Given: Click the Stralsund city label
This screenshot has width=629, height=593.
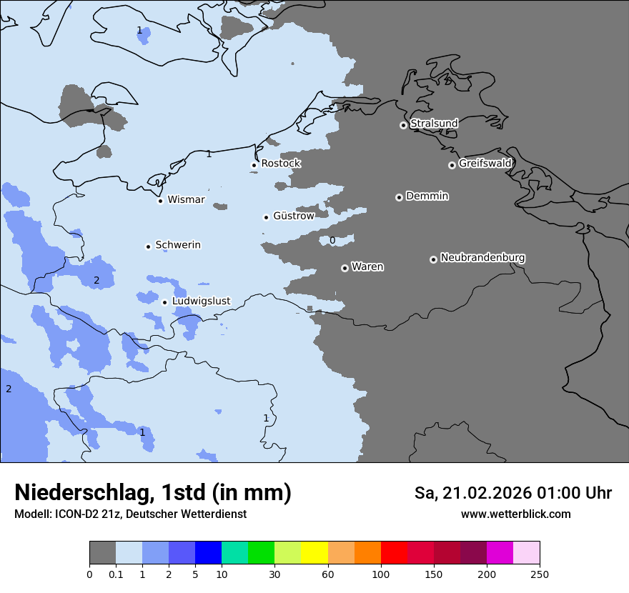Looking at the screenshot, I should (x=434, y=124).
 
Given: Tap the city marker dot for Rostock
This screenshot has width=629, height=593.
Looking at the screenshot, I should (x=254, y=165).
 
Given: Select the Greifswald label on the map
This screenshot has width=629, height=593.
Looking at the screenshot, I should (x=485, y=164).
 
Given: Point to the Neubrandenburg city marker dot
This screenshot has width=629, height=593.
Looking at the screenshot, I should (x=433, y=259).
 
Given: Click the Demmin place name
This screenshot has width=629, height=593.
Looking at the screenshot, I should (x=427, y=196).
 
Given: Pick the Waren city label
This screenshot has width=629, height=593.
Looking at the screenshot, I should (x=367, y=267).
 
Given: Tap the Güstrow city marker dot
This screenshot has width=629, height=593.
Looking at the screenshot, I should (x=266, y=217).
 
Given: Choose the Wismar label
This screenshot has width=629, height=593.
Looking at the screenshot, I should (x=186, y=200).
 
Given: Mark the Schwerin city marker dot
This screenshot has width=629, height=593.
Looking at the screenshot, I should (x=148, y=246).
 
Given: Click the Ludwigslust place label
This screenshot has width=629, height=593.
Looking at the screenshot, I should (x=201, y=302).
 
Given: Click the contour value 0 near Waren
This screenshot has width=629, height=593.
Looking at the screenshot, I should (x=332, y=241).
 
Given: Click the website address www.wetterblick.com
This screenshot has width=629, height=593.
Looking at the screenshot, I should (x=515, y=514).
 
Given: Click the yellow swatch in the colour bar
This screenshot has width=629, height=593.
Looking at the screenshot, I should (x=314, y=553).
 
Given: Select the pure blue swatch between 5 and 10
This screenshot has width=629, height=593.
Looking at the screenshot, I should (x=208, y=553).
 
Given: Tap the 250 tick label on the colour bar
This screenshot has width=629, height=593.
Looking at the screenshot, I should (x=540, y=574).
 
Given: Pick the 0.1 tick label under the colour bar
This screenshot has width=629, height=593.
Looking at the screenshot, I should (x=116, y=574).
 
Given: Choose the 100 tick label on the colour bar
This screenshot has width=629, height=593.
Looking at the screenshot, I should (x=381, y=574).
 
